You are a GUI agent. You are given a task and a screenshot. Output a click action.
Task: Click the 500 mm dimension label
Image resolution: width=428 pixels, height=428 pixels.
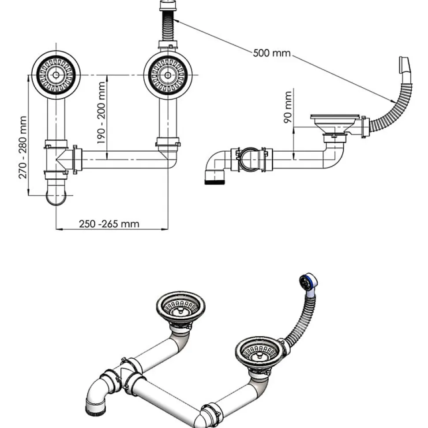[272, 53]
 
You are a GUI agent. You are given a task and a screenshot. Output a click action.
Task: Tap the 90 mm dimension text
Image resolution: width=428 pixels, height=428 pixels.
[289, 107]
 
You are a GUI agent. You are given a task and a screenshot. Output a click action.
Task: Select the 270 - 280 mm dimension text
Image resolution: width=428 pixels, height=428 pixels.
[23, 147]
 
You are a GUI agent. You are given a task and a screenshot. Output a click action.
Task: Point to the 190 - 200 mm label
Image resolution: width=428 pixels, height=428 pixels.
[101, 112]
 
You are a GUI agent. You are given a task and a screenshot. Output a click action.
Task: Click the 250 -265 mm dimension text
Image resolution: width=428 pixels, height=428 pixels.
[109, 224]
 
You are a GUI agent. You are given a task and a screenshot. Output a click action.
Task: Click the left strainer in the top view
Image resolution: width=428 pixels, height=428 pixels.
[56, 74]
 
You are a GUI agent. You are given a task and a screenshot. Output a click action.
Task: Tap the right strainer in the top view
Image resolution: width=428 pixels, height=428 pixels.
[168, 75]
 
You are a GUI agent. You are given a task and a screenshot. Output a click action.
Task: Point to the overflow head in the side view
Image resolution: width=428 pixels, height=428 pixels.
[405, 67]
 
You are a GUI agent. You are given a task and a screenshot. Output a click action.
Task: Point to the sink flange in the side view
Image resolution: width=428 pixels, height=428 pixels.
[333, 118]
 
